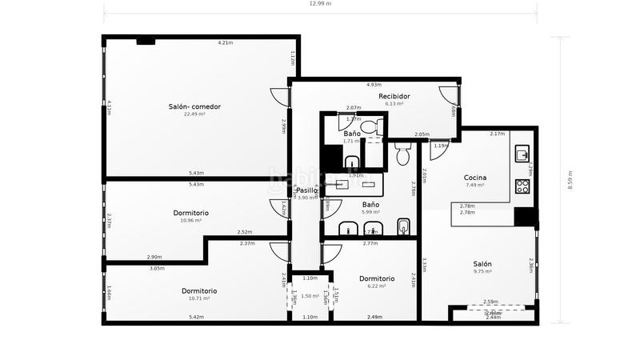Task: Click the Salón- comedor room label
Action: (x=194, y=106)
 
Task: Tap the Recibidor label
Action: (x=394, y=96)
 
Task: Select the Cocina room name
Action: (x=475, y=178)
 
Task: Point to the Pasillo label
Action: (x=307, y=190)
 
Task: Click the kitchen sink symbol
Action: (x=522, y=153)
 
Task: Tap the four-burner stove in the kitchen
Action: (x=522, y=186)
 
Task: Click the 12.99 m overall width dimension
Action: (x=320, y=4)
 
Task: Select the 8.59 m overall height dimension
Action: (x=570, y=180)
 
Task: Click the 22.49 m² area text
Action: (x=194, y=114)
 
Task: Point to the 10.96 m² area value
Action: (x=191, y=221)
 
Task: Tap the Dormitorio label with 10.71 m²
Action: (x=198, y=290)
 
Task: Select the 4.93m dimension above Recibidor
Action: (x=373, y=84)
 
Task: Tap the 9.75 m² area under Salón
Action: (x=482, y=272)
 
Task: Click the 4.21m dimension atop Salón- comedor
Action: (x=226, y=42)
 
